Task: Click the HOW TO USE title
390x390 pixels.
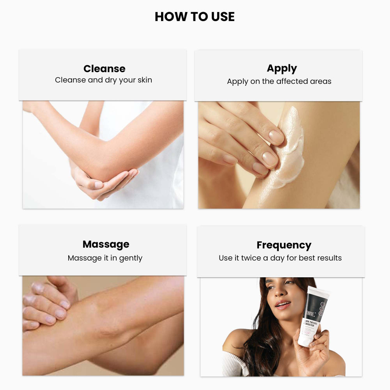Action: pos(195,17)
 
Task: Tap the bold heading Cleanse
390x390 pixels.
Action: pos(104,69)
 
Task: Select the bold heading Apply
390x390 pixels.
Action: pos(282,68)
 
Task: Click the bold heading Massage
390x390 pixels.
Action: pos(106,245)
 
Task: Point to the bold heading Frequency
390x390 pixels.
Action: pos(284,245)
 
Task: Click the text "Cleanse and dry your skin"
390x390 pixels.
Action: pos(103,80)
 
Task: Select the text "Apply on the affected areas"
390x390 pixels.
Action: pos(279,82)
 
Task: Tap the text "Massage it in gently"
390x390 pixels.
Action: pos(105,258)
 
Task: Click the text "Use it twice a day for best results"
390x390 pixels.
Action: pos(280,258)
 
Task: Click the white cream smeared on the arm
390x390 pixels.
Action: pos(291,148)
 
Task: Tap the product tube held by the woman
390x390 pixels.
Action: pos(314,316)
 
